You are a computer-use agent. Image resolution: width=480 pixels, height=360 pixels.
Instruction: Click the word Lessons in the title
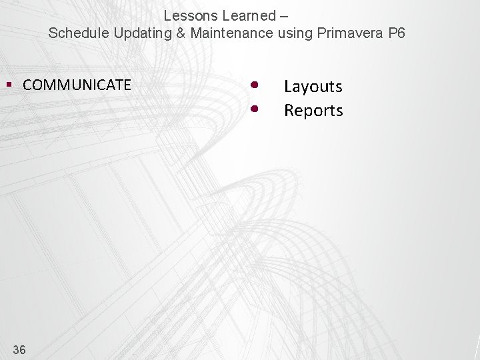[x=188, y=15]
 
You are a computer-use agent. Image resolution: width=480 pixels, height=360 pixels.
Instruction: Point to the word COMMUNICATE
[x=77, y=85]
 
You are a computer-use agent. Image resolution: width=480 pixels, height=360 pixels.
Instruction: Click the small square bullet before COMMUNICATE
[x=9, y=85]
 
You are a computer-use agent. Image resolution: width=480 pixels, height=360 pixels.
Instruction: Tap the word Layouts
[x=313, y=87]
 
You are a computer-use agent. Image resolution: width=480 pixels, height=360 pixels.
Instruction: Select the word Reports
[x=313, y=111]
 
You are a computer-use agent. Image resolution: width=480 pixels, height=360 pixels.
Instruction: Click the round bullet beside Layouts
[x=254, y=85]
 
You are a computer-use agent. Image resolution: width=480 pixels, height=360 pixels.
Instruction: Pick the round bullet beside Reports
[x=254, y=107]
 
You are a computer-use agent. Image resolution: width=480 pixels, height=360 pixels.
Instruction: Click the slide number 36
[x=19, y=349]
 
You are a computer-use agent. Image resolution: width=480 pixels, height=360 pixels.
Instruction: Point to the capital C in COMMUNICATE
[x=27, y=85]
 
